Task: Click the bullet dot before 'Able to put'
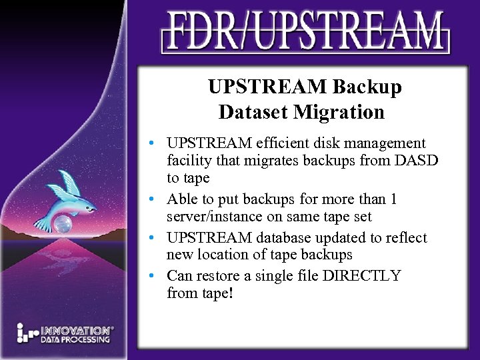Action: coord(154,200)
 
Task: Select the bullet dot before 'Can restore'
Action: coord(154,276)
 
